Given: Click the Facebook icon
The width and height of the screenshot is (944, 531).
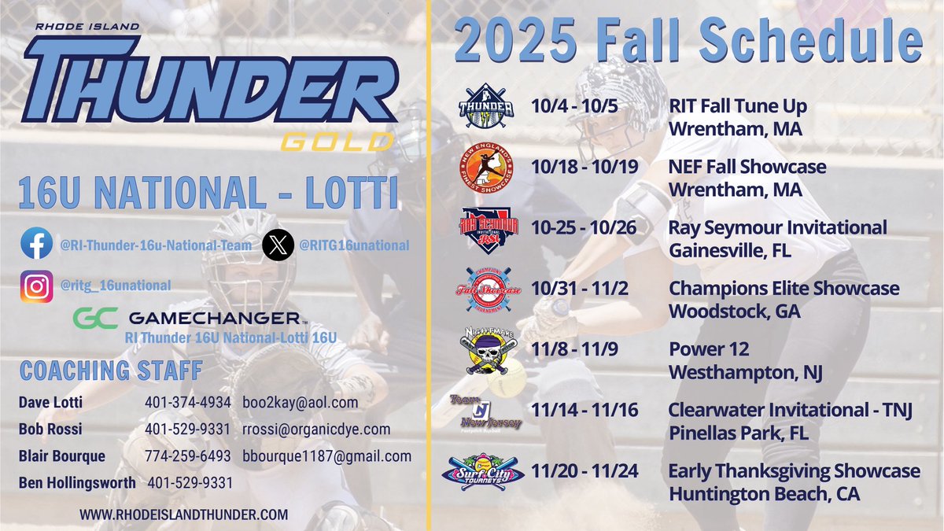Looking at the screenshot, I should (37, 245).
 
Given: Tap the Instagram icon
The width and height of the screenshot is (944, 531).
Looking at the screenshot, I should (37, 286).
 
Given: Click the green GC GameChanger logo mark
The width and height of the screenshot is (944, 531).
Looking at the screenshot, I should (95, 319).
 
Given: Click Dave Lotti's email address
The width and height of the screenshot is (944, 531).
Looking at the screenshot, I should (300, 402).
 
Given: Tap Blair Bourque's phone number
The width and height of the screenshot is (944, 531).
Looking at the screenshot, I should (187, 456).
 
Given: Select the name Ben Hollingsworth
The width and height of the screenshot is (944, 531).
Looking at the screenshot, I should (77, 482).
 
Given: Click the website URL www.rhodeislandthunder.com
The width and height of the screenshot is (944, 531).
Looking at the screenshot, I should (183, 515).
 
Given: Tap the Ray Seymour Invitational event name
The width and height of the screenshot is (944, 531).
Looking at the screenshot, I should (778, 228).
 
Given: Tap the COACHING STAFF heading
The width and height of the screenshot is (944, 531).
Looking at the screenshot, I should (111, 370).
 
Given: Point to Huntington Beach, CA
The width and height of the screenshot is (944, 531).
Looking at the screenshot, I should (764, 495).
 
